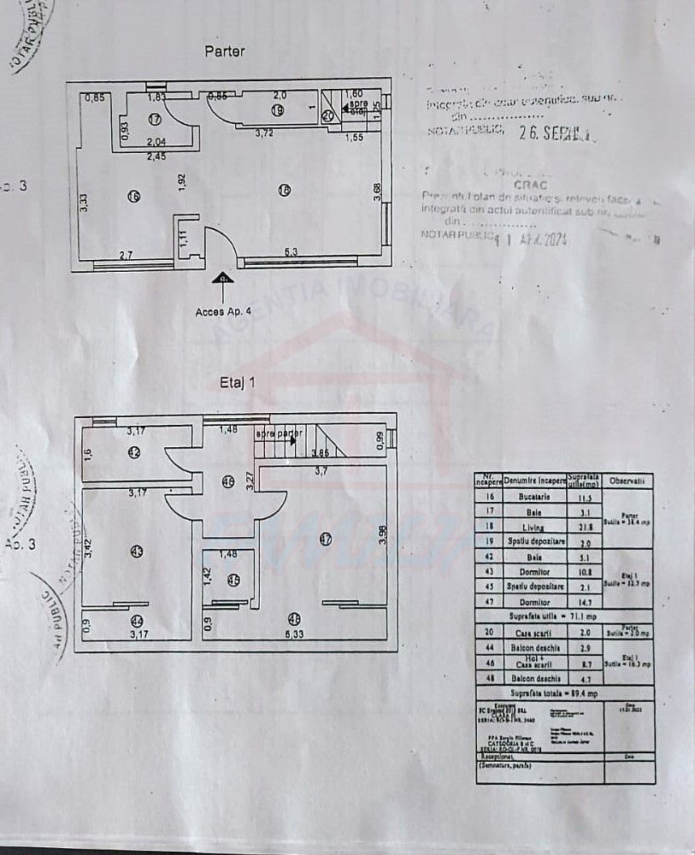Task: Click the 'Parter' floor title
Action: point(225,51)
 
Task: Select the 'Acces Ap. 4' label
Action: point(224,311)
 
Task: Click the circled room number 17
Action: point(155,119)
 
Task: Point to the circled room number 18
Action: point(285,190)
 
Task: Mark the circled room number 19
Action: point(277,110)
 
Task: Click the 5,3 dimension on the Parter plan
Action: point(290,251)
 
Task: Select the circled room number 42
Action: point(134,453)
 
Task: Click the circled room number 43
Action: point(138,551)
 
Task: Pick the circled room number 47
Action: point(325,539)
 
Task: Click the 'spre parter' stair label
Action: point(279,433)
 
